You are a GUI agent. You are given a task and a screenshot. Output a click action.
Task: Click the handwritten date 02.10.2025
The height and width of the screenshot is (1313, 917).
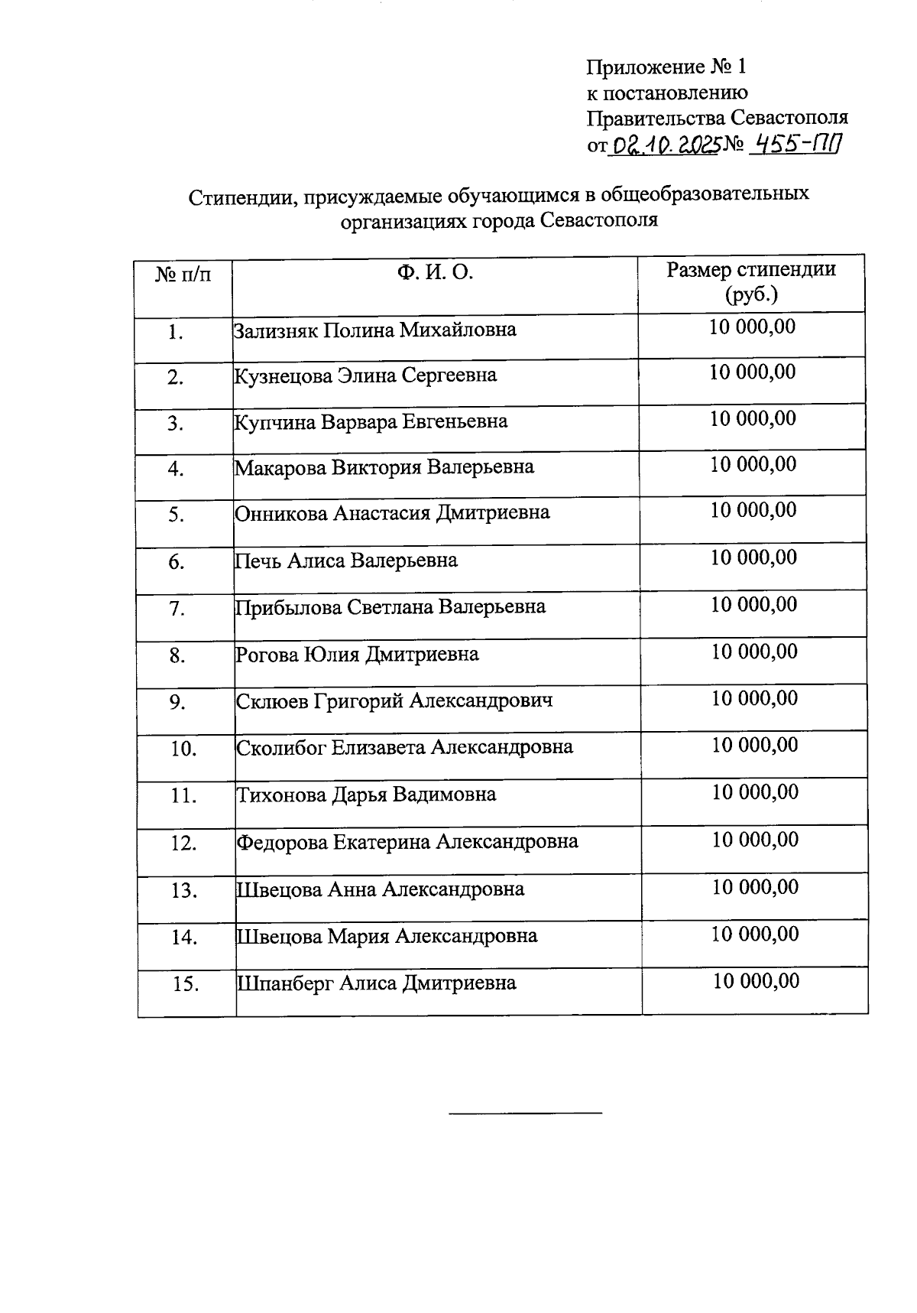click(664, 144)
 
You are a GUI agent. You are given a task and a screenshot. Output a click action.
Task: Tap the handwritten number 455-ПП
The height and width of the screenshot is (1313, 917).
click(795, 143)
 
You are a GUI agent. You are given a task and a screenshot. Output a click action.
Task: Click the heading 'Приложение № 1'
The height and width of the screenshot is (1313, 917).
click(666, 67)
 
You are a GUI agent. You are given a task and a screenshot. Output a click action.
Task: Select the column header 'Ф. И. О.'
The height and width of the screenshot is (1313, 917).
click(435, 272)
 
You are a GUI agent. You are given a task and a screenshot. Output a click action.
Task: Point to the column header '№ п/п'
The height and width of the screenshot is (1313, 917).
click(183, 274)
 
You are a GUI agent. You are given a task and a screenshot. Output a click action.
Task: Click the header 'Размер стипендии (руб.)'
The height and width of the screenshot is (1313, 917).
click(751, 281)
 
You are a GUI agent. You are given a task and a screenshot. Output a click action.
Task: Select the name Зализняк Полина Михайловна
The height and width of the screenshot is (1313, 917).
click(374, 330)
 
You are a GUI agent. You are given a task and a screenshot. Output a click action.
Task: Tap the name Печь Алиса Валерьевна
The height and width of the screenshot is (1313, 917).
click(346, 561)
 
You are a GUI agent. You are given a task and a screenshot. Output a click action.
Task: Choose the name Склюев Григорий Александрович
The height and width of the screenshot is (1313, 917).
click(394, 700)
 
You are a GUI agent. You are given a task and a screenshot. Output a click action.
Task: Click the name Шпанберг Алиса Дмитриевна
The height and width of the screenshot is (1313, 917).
click(377, 983)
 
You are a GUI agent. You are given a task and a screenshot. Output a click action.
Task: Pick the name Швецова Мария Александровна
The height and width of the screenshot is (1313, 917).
click(387, 936)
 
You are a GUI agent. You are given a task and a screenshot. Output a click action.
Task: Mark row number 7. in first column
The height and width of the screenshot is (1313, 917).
click(177, 609)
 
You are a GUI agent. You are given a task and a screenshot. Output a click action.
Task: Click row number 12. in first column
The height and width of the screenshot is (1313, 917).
click(184, 843)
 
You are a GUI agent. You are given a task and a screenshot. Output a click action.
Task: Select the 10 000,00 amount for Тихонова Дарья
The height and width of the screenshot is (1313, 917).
click(755, 792)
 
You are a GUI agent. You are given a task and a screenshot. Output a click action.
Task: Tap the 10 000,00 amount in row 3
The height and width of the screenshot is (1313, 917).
click(753, 419)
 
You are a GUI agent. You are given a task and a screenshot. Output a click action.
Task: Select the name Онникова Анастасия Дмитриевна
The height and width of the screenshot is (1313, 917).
click(392, 512)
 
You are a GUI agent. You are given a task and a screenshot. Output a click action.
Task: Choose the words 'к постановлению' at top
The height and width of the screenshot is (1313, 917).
click(667, 93)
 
